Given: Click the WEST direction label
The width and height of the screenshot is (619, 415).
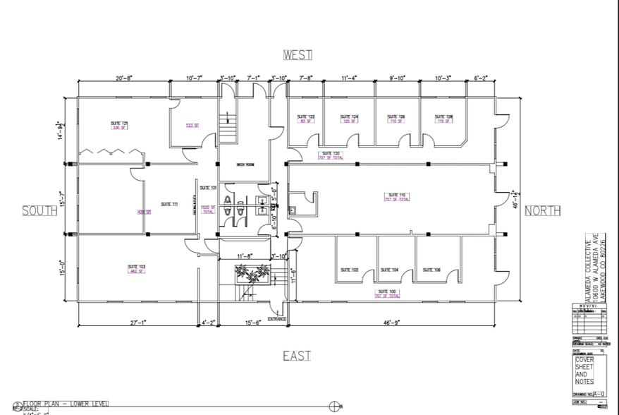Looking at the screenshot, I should pos(298,55).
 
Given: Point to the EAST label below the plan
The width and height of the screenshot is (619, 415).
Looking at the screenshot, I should pos(297,356).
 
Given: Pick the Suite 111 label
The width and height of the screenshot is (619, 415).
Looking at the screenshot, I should pos(169,204).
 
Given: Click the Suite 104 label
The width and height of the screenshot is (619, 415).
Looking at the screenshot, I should pos(389,270).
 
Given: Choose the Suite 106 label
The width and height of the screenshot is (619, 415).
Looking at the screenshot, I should pos(431,270).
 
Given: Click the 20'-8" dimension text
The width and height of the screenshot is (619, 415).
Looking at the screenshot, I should pos(125,78).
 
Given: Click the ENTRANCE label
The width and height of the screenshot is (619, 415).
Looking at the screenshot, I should pos(277,319).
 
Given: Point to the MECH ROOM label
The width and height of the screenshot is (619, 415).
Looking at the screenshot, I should pos(245,164).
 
